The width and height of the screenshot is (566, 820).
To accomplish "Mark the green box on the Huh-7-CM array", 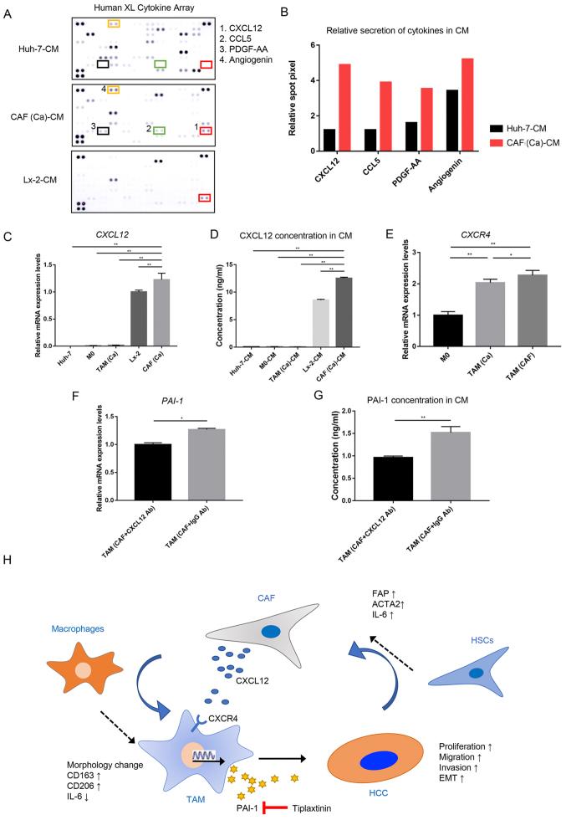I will (159, 64).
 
